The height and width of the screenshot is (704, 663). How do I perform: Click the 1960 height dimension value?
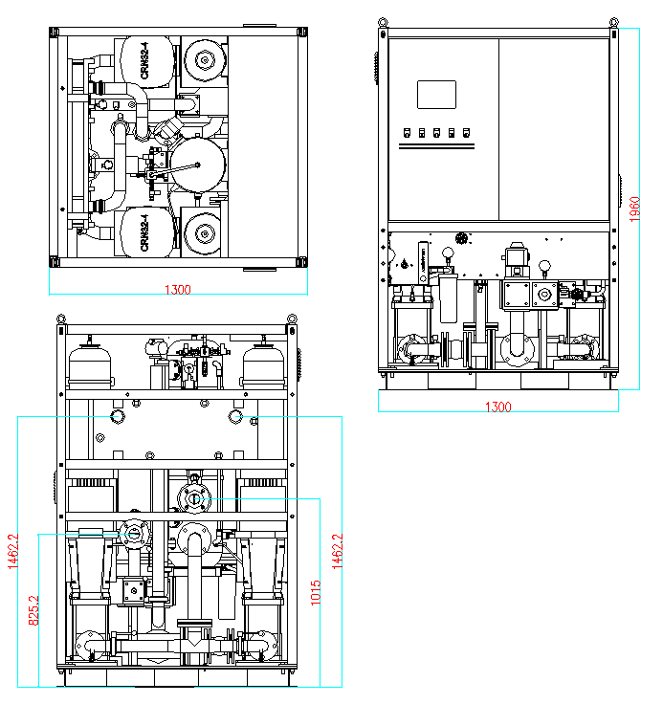tap(634, 208)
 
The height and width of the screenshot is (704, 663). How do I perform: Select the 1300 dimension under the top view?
tap(177, 290)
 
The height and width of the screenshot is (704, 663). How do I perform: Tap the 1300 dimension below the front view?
tap(498, 407)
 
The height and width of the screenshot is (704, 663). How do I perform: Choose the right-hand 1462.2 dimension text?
tap(336, 552)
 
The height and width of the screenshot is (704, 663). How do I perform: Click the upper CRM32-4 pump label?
tap(144, 62)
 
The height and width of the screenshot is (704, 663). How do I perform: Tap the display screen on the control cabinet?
tap(436, 94)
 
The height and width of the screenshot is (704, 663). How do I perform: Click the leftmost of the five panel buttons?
tap(408, 133)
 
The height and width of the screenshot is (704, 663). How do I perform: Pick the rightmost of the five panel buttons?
tap(467, 133)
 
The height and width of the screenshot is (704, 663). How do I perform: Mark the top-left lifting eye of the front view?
tap(383, 23)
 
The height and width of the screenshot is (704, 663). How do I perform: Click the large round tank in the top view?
tap(198, 164)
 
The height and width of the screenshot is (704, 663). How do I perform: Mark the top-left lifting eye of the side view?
tap(61, 319)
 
